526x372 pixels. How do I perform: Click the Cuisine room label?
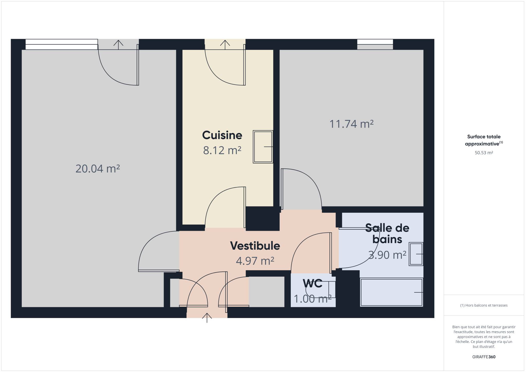click(222, 135)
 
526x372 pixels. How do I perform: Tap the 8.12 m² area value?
click(222, 150)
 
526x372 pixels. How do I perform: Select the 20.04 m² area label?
click(98, 169)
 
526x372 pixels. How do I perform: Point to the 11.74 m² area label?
click(351, 124)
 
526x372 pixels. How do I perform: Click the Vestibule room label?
click(255, 246)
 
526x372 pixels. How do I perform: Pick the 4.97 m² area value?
click(255, 261)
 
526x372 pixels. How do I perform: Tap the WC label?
click(313, 283)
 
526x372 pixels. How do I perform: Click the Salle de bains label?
click(387, 234)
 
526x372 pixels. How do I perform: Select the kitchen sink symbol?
click(263, 147)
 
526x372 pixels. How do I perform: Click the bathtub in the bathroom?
click(391, 292)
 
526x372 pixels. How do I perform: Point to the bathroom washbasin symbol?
click(416, 254)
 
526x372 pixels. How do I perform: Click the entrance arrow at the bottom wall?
click(207, 318)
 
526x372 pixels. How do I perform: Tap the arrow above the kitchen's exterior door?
click(225, 45)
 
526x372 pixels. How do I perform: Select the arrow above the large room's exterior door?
click(118, 45)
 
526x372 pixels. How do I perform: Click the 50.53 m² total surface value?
click(484, 153)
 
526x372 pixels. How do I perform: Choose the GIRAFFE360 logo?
click(484, 357)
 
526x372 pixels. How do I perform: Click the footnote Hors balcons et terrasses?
click(484, 305)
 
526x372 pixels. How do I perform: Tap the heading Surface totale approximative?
click(484, 140)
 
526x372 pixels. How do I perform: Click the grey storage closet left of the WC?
click(267, 292)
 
